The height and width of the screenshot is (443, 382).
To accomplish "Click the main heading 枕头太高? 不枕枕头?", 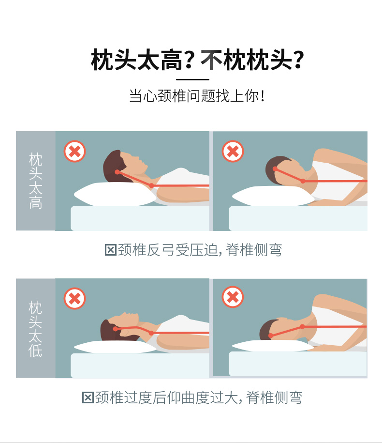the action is click(x=197, y=60).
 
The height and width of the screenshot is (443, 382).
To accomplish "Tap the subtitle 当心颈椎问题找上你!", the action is click(x=197, y=96).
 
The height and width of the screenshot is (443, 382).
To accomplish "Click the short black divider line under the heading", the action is click(x=193, y=80).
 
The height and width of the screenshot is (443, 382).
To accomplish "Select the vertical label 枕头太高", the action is click(x=36, y=181).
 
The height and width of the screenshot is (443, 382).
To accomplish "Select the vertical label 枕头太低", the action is click(x=35, y=329).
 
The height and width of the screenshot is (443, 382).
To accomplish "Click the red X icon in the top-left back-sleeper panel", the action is click(x=74, y=151).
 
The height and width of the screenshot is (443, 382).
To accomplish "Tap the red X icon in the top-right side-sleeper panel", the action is click(x=233, y=151).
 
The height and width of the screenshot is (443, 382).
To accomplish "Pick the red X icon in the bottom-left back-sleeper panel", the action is click(x=74, y=299).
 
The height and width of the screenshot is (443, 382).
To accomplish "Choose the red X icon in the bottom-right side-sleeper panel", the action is click(x=233, y=297).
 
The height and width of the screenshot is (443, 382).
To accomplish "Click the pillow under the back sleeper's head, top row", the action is click(x=115, y=194).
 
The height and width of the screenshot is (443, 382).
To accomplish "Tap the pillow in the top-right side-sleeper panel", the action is click(x=273, y=196).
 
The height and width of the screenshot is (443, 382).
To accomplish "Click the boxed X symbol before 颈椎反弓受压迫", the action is click(x=110, y=250).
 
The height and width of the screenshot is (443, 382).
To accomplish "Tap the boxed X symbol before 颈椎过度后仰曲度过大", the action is click(x=88, y=398).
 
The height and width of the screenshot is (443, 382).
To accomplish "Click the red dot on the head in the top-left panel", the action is click(x=117, y=172).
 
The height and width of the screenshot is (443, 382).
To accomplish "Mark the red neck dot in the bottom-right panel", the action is click(x=302, y=327).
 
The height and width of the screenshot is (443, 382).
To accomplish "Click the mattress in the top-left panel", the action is click(x=140, y=218).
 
